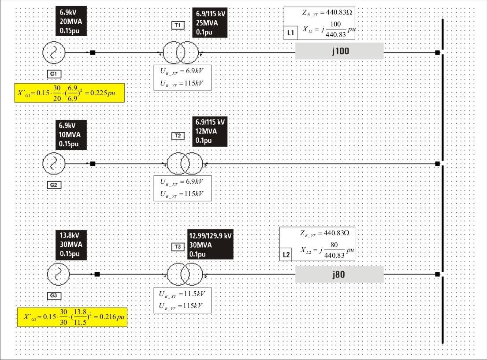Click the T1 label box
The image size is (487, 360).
(x=178, y=25)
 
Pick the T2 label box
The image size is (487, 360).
(x=178, y=136)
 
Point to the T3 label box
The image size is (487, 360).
(x=178, y=247)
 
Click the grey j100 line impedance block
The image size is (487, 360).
(x=339, y=51)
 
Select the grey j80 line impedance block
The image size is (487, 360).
(x=339, y=274)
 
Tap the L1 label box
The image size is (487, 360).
(x=291, y=33)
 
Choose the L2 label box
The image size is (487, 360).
(x=286, y=255)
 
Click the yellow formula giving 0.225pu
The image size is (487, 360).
(x=70, y=93)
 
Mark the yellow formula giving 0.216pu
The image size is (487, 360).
(x=72, y=317)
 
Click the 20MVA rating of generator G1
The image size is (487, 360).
(x=71, y=22)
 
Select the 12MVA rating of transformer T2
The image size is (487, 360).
(x=206, y=131)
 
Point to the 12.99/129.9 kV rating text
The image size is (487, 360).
(x=210, y=236)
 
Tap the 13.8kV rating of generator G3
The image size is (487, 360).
(x=70, y=235)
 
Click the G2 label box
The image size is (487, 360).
(x=54, y=185)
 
